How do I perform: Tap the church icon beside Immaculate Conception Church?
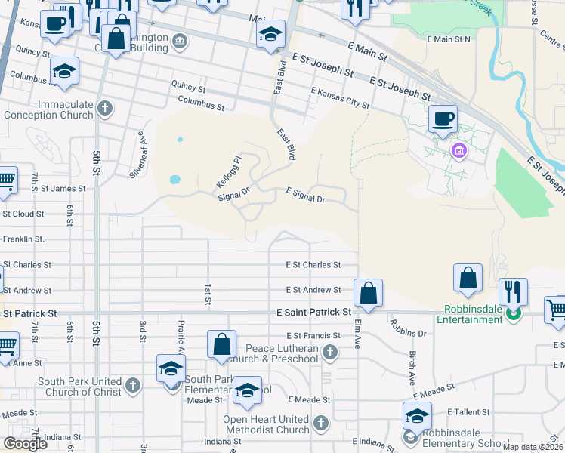(105, 109)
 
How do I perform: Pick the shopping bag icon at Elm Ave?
(368, 294)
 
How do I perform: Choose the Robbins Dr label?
(409, 327)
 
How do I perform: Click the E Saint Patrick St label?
(314, 312)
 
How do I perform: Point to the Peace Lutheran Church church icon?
(329, 352)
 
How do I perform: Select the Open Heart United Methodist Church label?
(266, 424)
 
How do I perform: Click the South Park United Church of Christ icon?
(132, 387)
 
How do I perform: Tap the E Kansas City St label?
(340, 98)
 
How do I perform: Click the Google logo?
(26, 444)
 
